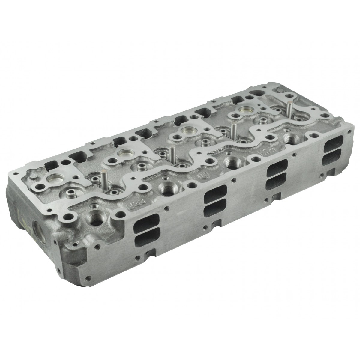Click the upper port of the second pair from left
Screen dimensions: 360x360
pos(215,192)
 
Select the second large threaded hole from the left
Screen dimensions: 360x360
pos(166,189)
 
